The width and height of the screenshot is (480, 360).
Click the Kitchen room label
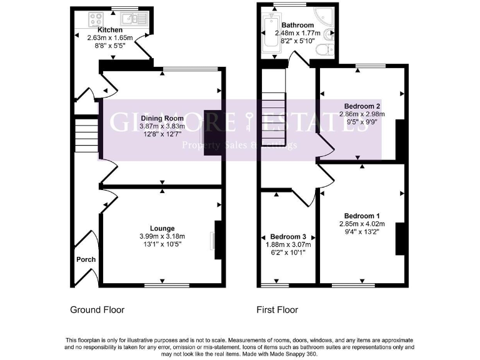pyautogui.click(x=109, y=30)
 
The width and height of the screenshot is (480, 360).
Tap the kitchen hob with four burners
pyautogui.click(x=97, y=19)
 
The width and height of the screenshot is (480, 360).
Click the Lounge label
pyautogui.click(x=162, y=228)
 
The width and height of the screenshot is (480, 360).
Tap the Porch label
pyautogui.click(x=86, y=259)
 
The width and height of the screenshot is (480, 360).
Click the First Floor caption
pyautogui.click(x=277, y=309)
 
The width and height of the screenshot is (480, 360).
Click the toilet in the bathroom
pyautogui.click(x=324, y=50)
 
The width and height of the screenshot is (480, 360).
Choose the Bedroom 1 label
pyautogui.click(x=361, y=216)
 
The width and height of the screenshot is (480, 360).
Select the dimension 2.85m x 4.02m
pyautogui.click(x=362, y=224)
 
